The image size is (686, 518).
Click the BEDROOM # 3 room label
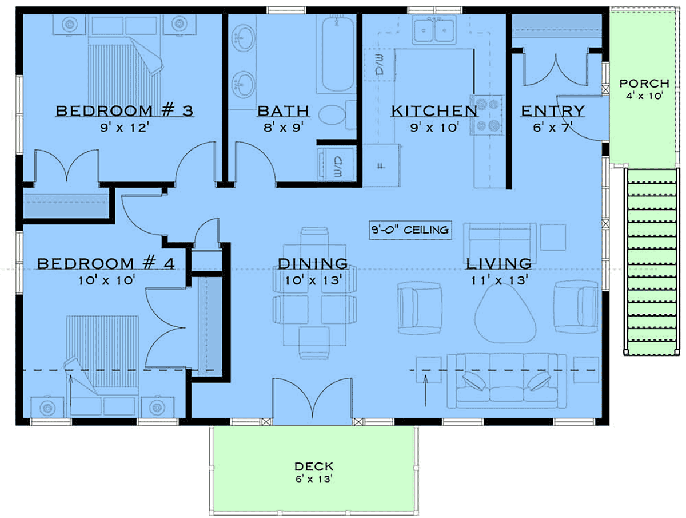point(125,111)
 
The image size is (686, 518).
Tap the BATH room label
point(283,111)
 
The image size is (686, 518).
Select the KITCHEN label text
point(434,111)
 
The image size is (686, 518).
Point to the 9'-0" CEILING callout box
point(410,230)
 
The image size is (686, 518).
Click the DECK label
point(314,466)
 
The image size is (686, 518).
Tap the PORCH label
point(644,84)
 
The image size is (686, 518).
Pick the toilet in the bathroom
point(337,115)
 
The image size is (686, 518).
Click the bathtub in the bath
point(337,54)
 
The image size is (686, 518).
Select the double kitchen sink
point(434,29)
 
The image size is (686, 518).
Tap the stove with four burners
point(488,115)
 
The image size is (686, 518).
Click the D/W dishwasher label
point(380,64)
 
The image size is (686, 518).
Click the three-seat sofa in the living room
point(506,381)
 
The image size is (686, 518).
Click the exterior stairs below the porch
point(652,262)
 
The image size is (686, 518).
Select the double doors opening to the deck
point(313,398)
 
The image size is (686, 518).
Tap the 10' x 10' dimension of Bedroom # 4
point(106,280)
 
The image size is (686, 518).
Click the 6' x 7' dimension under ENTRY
point(553,128)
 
